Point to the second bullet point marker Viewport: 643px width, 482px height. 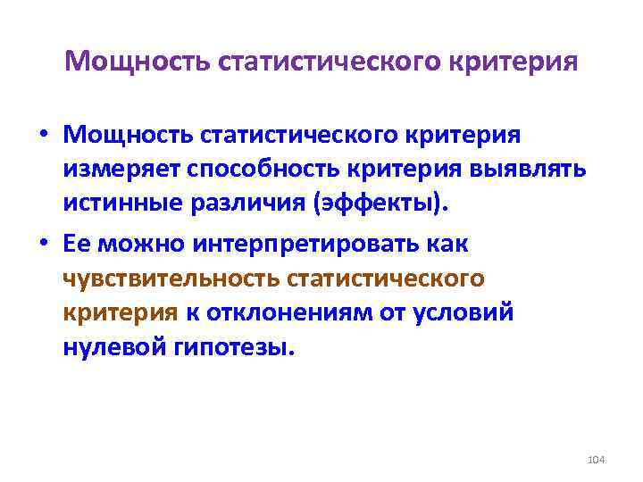43,244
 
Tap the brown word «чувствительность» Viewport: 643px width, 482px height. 169,278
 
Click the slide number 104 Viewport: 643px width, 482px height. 597,459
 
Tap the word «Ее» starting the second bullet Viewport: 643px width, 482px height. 79,244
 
